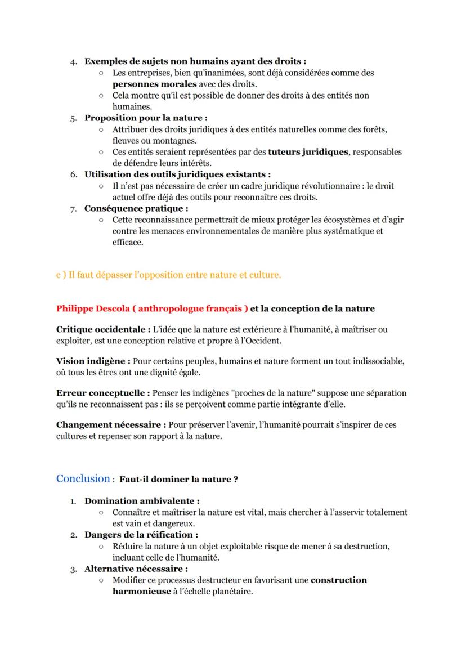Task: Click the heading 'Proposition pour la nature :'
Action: [146, 118]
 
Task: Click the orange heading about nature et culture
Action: [168, 275]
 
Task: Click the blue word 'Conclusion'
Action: [83, 478]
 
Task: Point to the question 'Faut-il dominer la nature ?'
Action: [178, 480]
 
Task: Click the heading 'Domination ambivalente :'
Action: [142, 500]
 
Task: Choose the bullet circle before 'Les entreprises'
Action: [100, 73]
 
